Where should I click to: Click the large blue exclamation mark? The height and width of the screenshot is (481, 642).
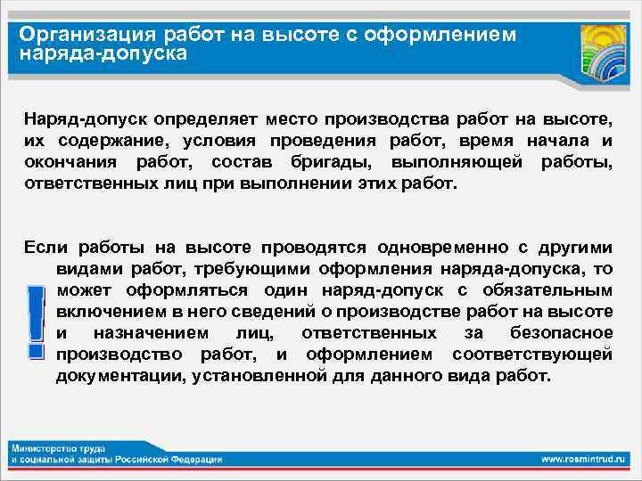pos(35,321)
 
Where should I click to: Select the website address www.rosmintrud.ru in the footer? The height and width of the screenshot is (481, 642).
pos(584,459)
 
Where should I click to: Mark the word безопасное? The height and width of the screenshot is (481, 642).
pos(562,333)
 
